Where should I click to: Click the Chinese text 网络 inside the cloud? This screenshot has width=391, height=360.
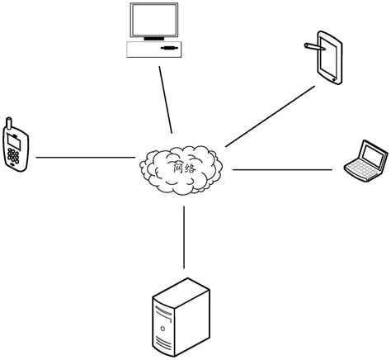click(x=183, y=168)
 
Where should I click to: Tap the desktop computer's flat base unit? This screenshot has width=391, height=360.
click(x=155, y=50)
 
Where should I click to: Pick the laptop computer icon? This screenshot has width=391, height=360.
click(x=365, y=161)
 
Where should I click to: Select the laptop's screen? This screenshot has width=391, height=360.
click(x=372, y=154)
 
